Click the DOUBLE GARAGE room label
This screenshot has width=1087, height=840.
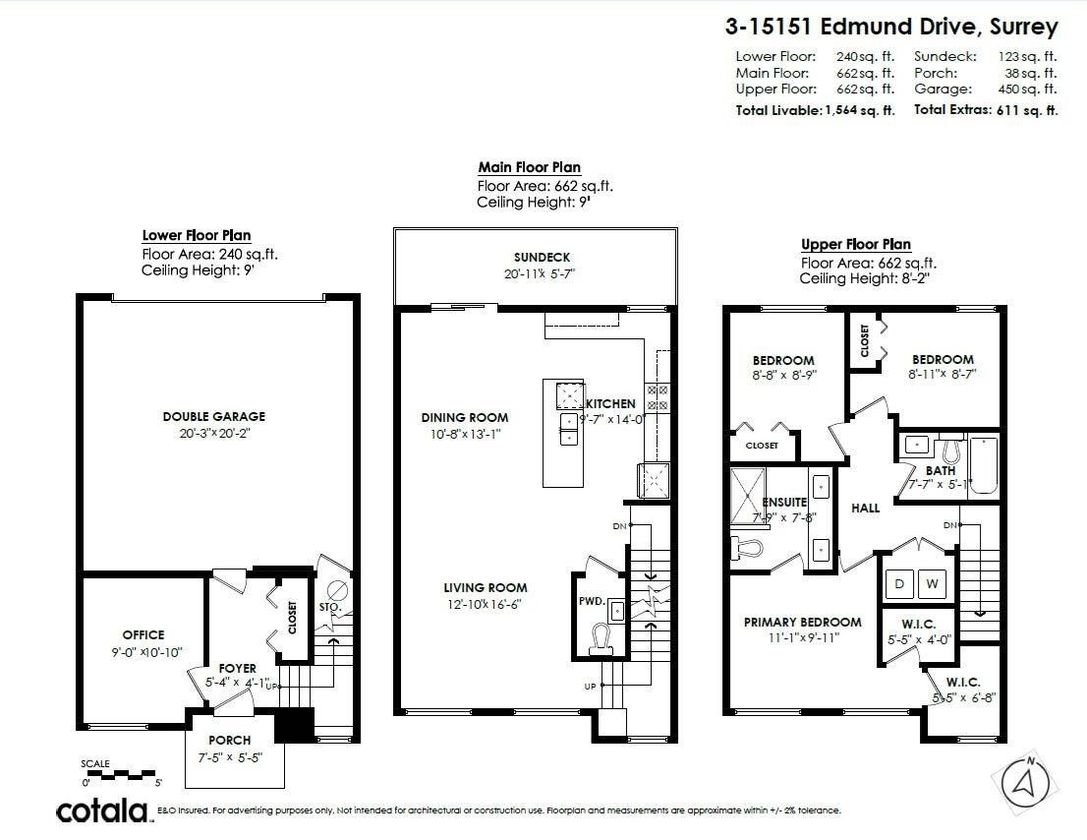coord(213,416)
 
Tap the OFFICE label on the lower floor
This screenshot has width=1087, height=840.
coord(143,634)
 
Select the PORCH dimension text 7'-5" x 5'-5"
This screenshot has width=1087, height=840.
coord(230,756)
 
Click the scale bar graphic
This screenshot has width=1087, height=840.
coord(120,773)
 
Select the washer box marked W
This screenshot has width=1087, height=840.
coord(932,583)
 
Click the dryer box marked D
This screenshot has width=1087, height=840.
coord(898,583)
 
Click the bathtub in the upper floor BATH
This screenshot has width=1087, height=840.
coord(984,466)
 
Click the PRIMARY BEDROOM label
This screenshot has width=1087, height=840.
coord(802,622)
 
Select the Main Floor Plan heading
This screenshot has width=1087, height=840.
coord(529,167)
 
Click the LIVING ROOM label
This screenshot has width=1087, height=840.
coord(485,588)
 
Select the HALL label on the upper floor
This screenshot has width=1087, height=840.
coord(865,508)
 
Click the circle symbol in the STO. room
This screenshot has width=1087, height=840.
coord(338,590)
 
